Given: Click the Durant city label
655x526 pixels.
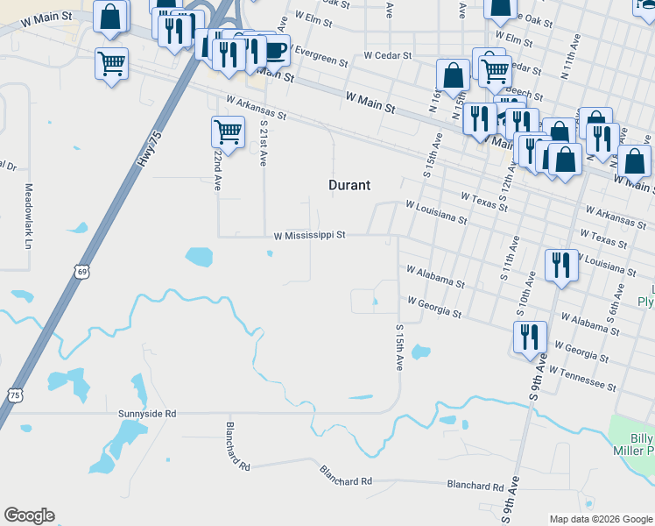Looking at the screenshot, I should point(349,185).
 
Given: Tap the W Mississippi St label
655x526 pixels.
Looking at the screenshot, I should point(311,235).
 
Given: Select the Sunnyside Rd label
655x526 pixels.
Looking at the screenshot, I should point(147,413).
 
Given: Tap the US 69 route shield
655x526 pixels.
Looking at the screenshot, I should point(81,273).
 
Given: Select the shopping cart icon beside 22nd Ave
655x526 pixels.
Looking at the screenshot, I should point(228,132).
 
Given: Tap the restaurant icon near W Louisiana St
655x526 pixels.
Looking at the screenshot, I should point(560,265).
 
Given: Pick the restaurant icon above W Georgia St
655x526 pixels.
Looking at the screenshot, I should point(529,337).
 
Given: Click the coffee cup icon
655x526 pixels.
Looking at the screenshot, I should point(274,51).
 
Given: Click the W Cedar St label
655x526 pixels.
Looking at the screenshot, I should point(387,55).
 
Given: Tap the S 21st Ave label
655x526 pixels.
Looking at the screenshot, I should point(263,142).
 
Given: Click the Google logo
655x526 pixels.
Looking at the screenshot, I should point(29,515).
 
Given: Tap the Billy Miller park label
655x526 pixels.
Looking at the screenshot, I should point(642,444).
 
